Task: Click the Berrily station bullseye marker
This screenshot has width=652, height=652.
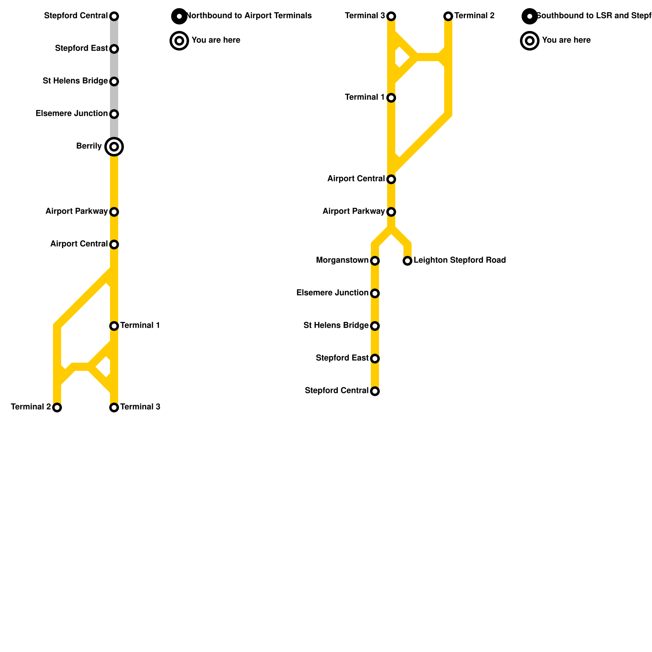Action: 114,147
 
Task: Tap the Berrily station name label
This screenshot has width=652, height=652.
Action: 89,146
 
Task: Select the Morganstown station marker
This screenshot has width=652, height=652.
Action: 375,261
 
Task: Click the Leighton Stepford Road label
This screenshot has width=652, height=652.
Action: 460,260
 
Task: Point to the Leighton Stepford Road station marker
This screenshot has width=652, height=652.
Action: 407,261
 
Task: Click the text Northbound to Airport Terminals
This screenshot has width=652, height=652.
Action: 249,16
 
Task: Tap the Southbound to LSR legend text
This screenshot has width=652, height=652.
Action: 593,16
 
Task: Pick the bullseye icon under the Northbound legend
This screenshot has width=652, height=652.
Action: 179,41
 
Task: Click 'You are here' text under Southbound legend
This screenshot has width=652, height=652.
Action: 566,40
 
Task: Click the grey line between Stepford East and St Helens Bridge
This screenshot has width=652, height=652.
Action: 114,65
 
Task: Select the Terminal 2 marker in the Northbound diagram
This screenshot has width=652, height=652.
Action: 57,407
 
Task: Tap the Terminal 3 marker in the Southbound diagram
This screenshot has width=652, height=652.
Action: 391,16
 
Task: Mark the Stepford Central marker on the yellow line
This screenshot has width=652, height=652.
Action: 375,391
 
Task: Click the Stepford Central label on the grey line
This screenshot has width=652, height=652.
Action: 76,16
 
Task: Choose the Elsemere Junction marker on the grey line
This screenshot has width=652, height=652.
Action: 114,114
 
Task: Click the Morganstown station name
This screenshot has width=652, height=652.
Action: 342,260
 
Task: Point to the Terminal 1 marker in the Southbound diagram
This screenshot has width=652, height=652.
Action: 391,98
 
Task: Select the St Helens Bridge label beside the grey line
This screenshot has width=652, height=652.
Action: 75,81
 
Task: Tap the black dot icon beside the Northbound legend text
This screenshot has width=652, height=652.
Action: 179,16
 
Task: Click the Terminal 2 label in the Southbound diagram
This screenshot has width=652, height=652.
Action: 474,16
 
